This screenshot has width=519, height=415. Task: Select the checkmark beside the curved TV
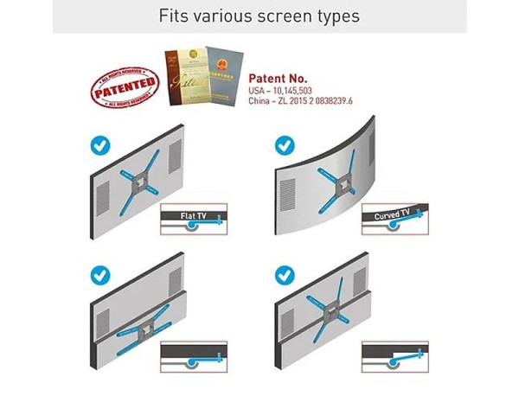[x=285, y=144]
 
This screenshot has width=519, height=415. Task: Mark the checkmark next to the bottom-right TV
[x=285, y=276]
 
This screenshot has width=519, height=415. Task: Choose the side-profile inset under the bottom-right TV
[x=394, y=354]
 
